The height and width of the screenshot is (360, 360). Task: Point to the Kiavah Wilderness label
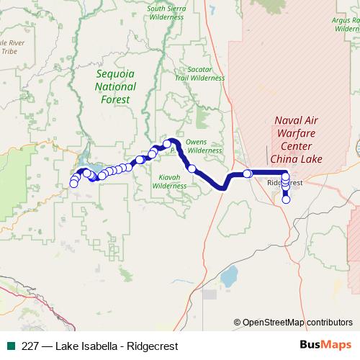169,180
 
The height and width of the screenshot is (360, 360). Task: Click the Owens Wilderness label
204,146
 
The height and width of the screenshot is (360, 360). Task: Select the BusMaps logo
321,345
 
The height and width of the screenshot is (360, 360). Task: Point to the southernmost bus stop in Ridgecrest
286,200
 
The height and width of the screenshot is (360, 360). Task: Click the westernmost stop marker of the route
73,184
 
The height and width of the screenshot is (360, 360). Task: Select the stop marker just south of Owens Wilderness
192,168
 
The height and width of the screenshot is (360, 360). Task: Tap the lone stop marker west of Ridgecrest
247,174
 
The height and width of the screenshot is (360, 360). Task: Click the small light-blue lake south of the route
230,276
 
